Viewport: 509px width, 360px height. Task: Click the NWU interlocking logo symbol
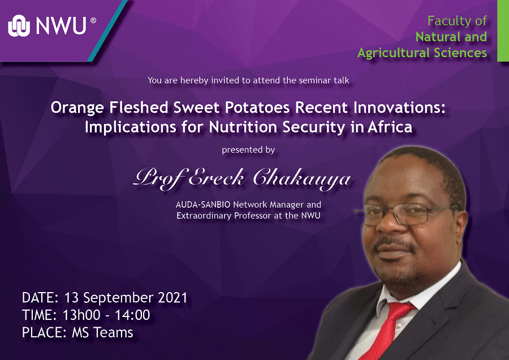[x=19, y=25]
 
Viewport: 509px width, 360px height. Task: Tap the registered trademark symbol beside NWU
[x=93, y=20]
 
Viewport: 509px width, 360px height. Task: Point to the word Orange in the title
[x=77, y=108]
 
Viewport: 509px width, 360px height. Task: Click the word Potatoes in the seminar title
[x=257, y=108]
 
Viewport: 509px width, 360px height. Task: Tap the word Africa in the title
[x=390, y=127]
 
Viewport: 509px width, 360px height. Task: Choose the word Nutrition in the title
[x=243, y=127]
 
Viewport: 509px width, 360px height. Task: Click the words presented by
[x=248, y=150]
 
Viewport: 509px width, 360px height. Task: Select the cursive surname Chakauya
[x=302, y=179]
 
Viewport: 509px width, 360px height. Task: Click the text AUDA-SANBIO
[x=203, y=205]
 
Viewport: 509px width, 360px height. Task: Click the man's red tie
[x=387, y=331]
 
